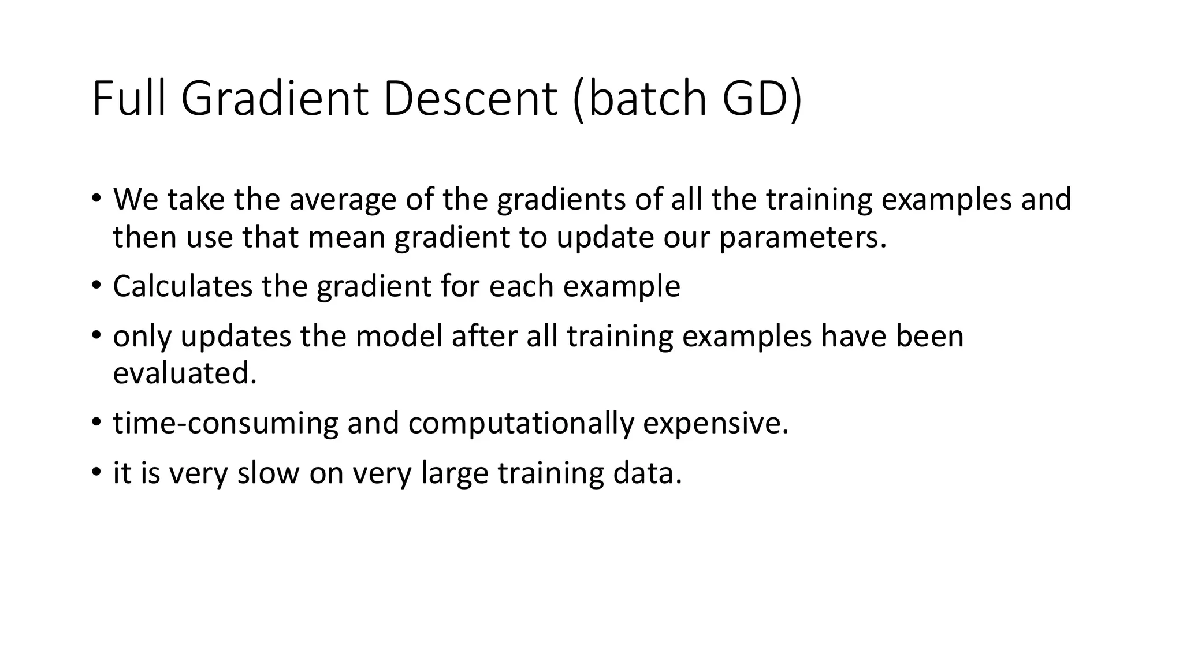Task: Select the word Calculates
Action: coord(183,286)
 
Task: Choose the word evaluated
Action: coord(184,373)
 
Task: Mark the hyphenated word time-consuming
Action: coord(225,423)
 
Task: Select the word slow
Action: coord(268,473)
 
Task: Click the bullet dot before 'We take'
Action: coord(96,198)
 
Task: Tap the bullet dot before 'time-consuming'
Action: coord(96,421)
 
